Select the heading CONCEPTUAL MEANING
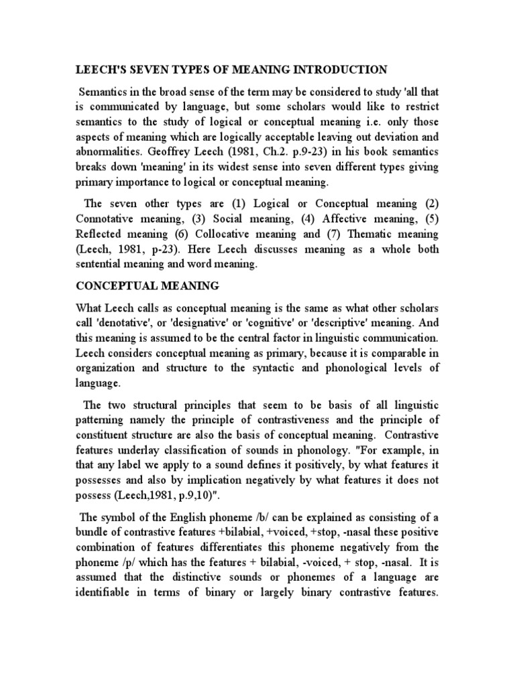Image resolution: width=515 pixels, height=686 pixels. click(x=148, y=286)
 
